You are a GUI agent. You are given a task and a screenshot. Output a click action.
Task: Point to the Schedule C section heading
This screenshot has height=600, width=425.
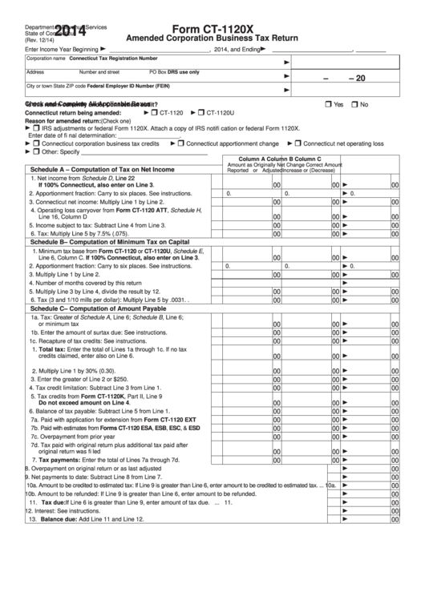109,308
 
